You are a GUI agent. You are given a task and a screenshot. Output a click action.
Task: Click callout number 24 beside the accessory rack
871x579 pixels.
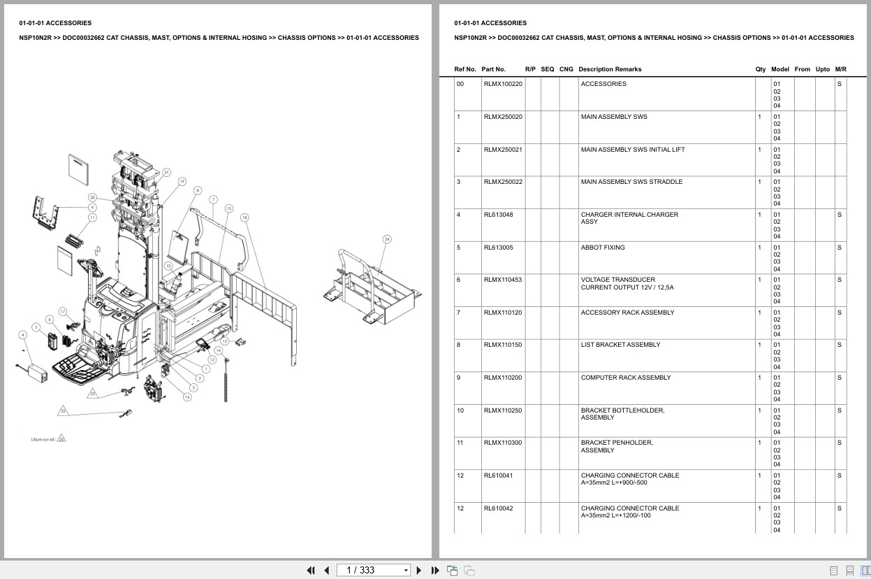(387, 239)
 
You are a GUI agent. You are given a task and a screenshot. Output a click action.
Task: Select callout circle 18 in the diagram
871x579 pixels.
(244, 217)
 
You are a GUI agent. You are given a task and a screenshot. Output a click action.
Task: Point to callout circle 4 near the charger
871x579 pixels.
(23, 335)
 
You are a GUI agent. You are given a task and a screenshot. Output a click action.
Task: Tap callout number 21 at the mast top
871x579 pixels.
(166, 172)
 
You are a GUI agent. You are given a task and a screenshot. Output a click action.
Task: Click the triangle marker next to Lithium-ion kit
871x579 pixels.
(61, 438)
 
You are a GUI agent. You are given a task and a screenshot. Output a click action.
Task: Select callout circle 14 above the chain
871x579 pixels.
(219, 350)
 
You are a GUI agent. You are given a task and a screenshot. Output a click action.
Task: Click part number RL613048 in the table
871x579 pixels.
(498, 215)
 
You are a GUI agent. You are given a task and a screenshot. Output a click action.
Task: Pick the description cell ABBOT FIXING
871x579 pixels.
(602, 248)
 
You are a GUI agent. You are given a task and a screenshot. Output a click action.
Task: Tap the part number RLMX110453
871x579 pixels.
(502, 280)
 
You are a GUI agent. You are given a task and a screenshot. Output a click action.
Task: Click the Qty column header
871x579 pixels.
(760, 69)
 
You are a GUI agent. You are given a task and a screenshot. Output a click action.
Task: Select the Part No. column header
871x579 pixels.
(493, 69)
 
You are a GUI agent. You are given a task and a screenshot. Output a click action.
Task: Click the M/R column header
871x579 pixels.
(840, 69)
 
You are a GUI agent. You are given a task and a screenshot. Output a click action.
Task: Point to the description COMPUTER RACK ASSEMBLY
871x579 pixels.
(625, 378)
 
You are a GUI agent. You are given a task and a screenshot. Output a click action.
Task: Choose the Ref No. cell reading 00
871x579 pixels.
(460, 84)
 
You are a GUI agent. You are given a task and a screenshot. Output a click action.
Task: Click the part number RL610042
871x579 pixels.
(498, 508)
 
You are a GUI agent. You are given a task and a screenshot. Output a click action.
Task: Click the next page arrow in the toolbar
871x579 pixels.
(419, 570)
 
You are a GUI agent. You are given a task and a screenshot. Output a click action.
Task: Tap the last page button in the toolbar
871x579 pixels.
(434, 570)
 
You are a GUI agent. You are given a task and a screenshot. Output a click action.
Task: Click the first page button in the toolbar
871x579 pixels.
(311, 570)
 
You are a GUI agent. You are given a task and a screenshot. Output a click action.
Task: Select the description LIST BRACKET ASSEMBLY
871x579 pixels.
(620, 345)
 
